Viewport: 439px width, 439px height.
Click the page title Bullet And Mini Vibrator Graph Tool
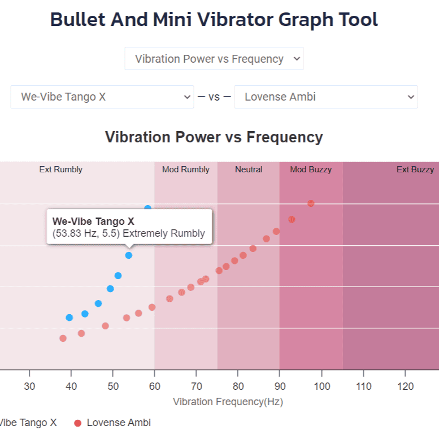click(x=214, y=20)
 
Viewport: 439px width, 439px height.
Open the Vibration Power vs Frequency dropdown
click(x=214, y=59)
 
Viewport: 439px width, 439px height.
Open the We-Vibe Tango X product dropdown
click(x=102, y=97)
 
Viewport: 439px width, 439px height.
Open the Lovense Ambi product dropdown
click(x=325, y=97)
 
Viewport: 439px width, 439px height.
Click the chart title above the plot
click(x=214, y=137)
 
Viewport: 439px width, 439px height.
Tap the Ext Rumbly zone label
click(x=60, y=169)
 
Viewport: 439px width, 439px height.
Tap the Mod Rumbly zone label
click(x=185, y=169)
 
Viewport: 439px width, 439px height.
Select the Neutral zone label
click(x=249, y=169)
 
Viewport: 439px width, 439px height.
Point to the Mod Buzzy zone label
click(x=311, y=169)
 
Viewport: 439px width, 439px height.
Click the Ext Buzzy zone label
click(x=415, y=169)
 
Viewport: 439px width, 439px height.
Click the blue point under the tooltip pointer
click(x=129, y=255)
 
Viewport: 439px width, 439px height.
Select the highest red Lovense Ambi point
click(x=311, y=203)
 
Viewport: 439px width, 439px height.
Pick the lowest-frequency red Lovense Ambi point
click(x=63, y=338)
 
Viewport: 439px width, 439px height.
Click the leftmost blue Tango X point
click(x=69, y=318)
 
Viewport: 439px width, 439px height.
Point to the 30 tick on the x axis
click(x=29, y=386)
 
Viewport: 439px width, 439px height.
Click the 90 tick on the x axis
click(x=280, y=386)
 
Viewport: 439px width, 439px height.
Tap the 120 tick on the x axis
click(x=405, y=386)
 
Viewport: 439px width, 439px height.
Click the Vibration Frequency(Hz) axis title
click(x=228, y=402)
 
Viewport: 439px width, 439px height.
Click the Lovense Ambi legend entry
click(x=118, y=423)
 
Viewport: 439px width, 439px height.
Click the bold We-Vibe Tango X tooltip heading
click(x=93, y=221)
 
